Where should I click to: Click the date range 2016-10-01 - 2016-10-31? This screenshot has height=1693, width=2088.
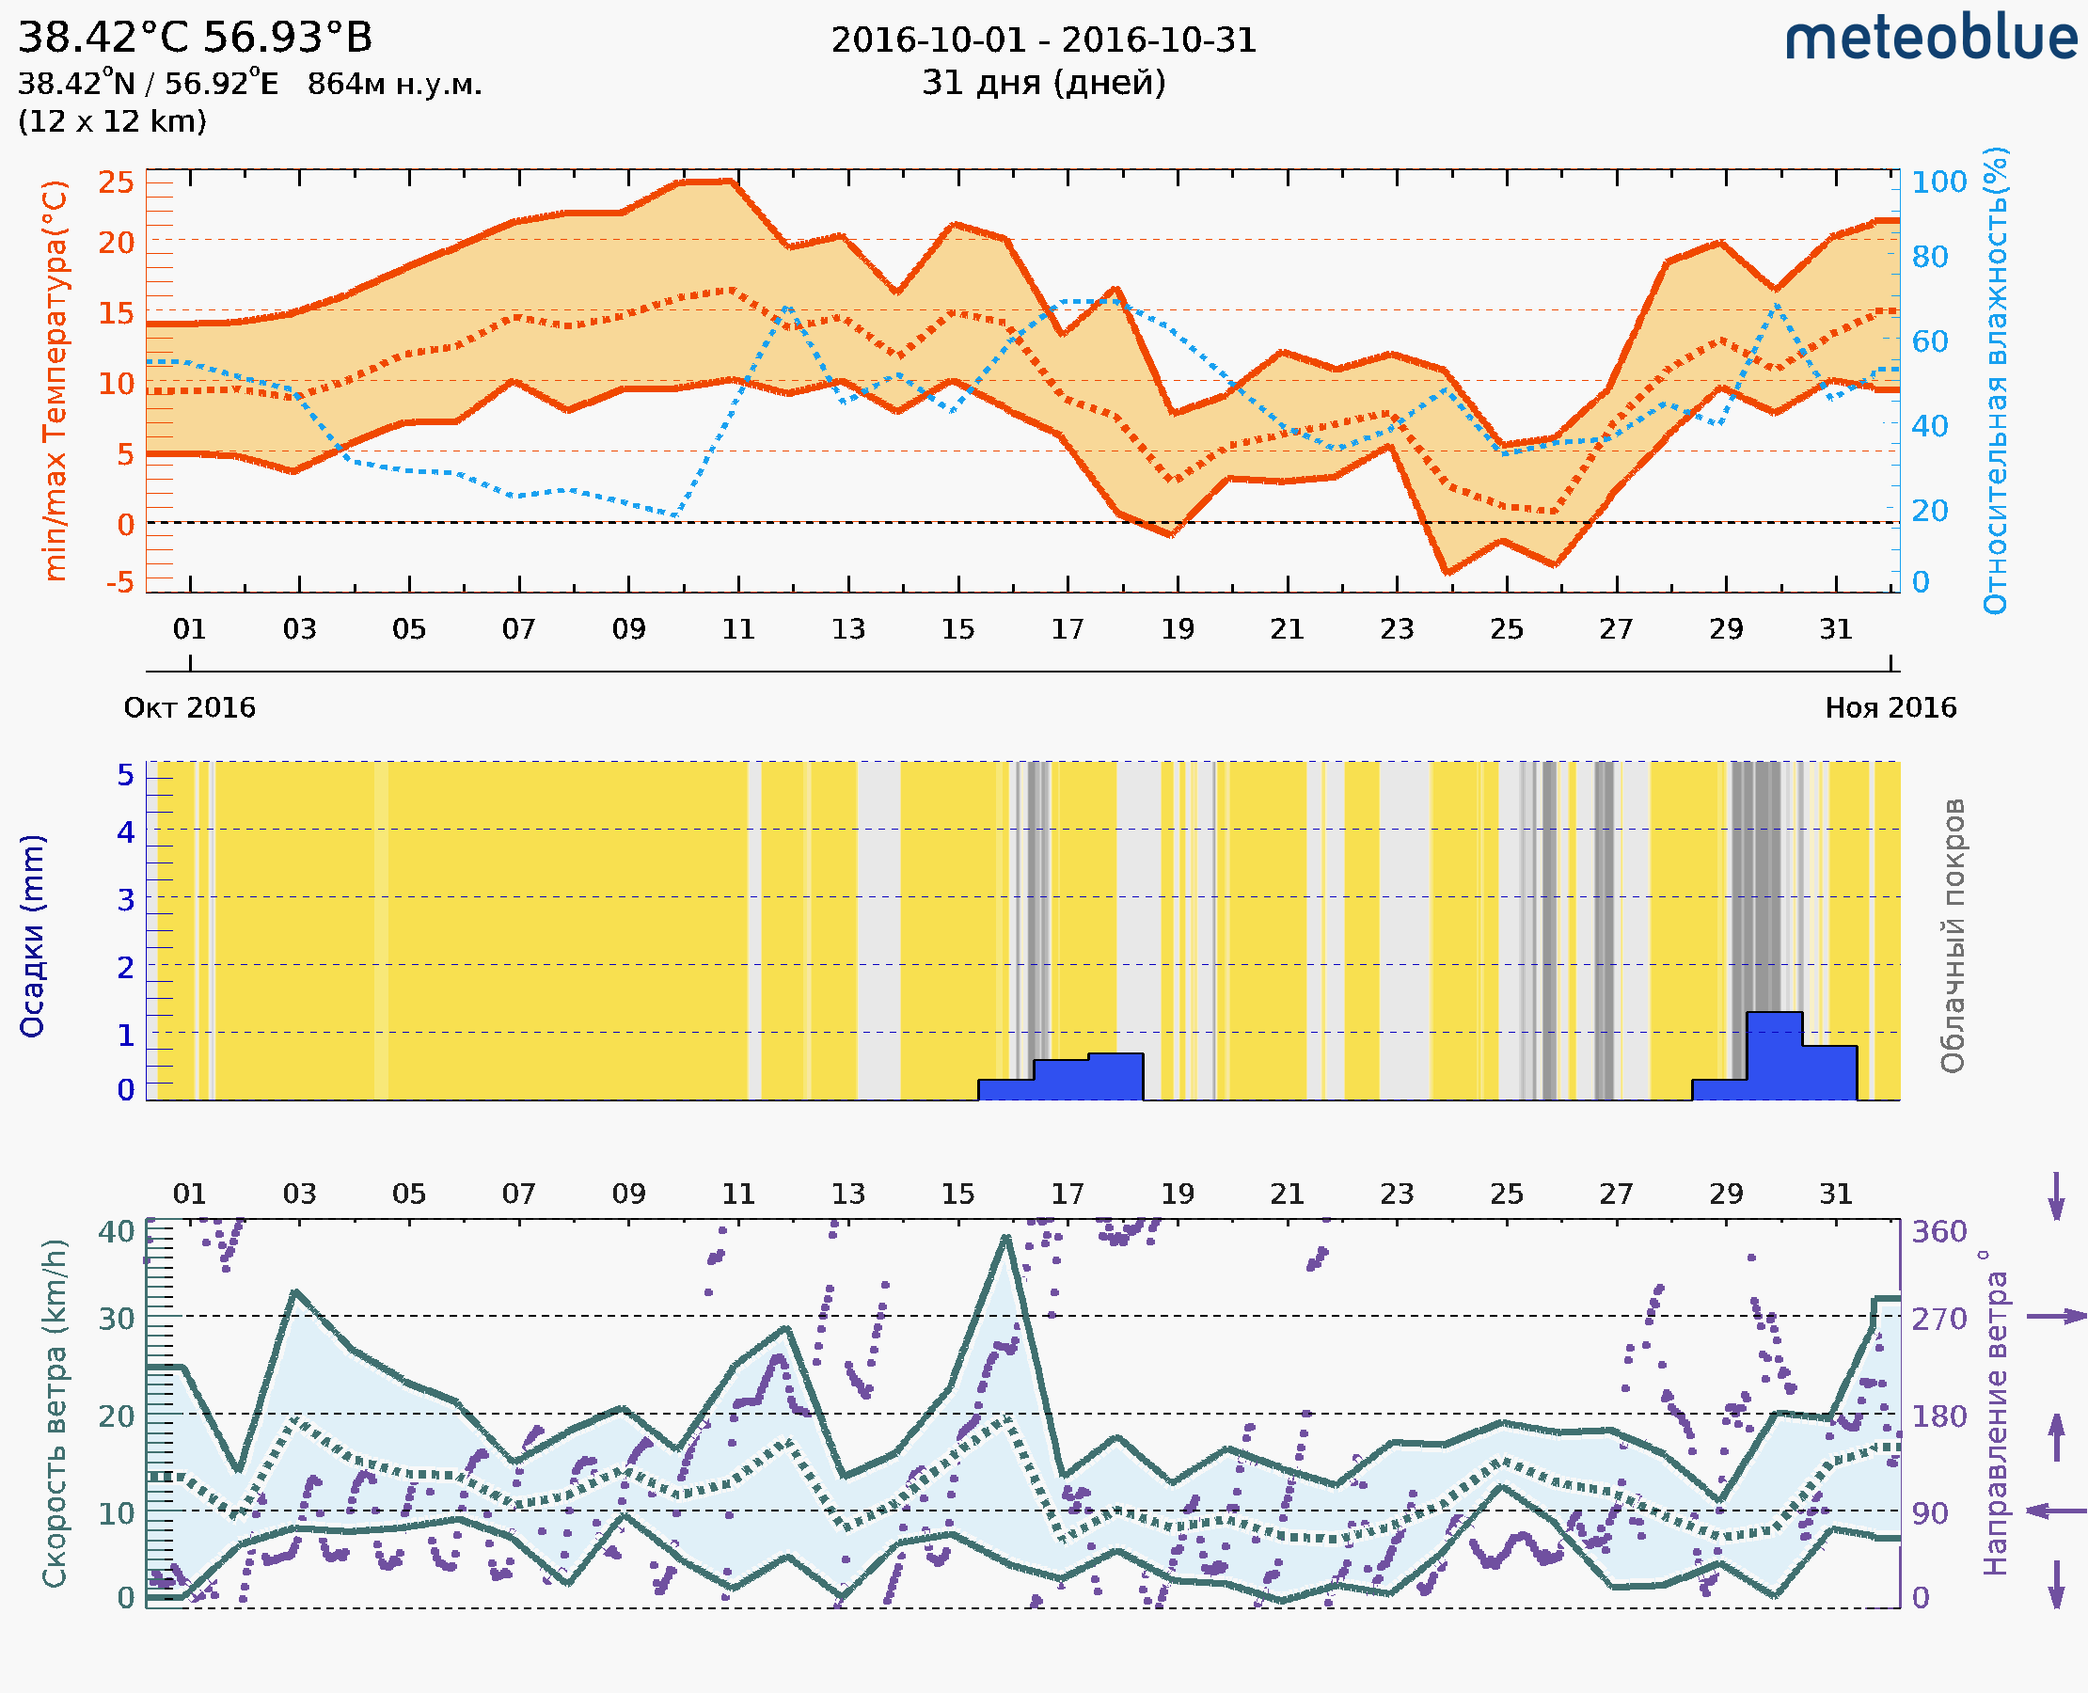[1043, 40]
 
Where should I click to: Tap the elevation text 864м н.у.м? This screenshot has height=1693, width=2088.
[394, 85]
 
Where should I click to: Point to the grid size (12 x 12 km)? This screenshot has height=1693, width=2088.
[112, 122]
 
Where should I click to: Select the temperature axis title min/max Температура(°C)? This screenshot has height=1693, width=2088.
[55, 380]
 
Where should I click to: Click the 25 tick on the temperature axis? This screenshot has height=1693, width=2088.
[116, 182]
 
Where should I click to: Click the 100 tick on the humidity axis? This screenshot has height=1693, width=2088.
[1938, 182]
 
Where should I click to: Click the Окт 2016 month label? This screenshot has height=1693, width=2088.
[189, 707]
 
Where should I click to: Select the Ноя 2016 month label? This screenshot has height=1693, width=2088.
[1890, 707]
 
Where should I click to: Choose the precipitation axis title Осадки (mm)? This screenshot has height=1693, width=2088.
[32, 935]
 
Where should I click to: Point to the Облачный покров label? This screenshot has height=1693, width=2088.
[1952, 935]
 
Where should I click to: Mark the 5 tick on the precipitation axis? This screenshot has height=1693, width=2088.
[126, 775]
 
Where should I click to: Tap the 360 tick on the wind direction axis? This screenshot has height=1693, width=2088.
[1938, 1232]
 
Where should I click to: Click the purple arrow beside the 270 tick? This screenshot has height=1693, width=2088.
[2056, 1317]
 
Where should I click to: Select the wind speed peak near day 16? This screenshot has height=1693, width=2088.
[1005, 1238]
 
